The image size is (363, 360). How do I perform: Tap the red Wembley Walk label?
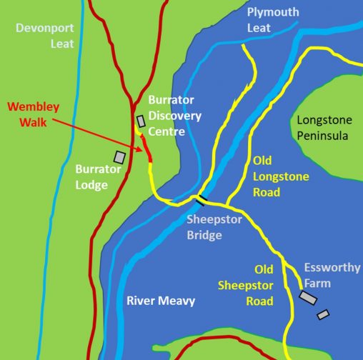coord(33,114)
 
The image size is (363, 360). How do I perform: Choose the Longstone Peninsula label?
coord(323,128)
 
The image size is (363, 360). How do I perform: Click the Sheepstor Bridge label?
coord(214,226)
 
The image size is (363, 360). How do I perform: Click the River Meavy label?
coord(160,301)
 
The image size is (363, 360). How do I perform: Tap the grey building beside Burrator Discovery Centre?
coord(141,121)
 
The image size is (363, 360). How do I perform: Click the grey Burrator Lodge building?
coord(120,156)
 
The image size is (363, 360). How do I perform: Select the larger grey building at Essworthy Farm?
coord(308,297)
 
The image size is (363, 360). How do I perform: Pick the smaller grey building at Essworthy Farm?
coord(324,314)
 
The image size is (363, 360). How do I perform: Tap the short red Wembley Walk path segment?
coord(146,151)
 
